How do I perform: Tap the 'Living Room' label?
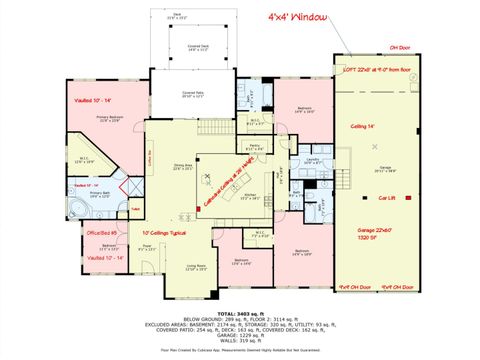(180, 267)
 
